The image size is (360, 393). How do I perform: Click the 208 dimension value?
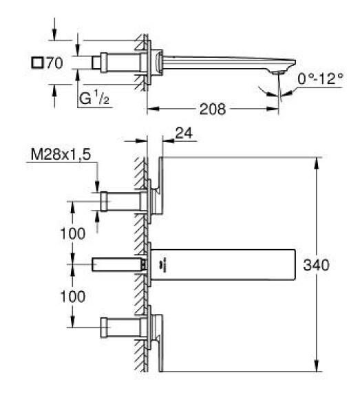coord(212,109)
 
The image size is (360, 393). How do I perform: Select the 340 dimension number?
coord(316,265)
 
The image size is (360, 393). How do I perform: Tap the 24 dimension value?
coord(184,133)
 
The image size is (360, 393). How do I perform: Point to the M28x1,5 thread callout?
coord(61,154)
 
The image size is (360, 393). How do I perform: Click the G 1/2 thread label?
coord(94,98)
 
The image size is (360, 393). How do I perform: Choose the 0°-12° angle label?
coord(320,78)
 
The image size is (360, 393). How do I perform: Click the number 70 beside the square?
coord(54,63)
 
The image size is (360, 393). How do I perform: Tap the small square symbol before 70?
coord(37,63)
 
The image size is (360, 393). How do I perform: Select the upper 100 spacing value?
coord(73,233)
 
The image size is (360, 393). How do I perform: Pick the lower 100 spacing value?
coord(73,297)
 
